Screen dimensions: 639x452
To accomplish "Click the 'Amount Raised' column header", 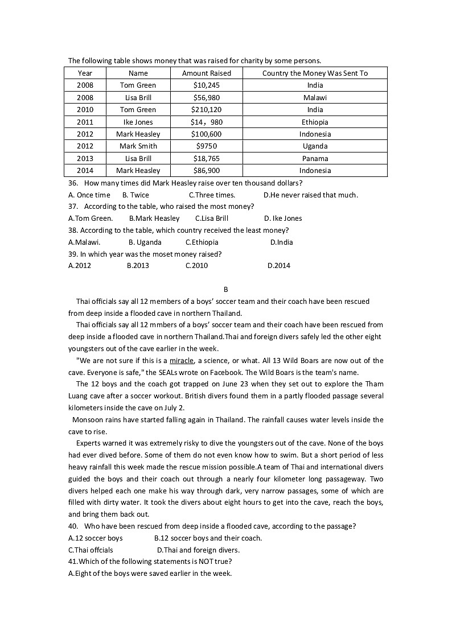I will (206, 73).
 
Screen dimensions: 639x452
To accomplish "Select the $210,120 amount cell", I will (206, 109).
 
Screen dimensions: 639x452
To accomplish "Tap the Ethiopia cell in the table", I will (315, 122).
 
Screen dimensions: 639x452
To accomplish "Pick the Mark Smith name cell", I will (138, 146).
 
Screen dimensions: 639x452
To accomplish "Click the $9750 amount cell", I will (206, 146).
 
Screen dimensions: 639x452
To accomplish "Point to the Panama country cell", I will (315, 158).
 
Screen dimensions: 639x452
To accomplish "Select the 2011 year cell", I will (85, 122).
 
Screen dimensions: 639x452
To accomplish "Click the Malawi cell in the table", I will (315, 97).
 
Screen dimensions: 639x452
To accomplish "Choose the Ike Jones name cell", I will (138, 122).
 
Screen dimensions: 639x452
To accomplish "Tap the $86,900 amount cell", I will (206, 170).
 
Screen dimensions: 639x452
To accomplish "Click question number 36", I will (73, 183).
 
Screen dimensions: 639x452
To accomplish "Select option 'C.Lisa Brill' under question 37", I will (211, 218).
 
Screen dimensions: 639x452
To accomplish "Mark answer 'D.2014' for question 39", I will (279, 265).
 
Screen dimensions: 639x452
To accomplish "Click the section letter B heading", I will (225, 289).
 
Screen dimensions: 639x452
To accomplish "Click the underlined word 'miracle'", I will (182, 360).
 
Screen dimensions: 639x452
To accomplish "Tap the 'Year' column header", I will (85, 73).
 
